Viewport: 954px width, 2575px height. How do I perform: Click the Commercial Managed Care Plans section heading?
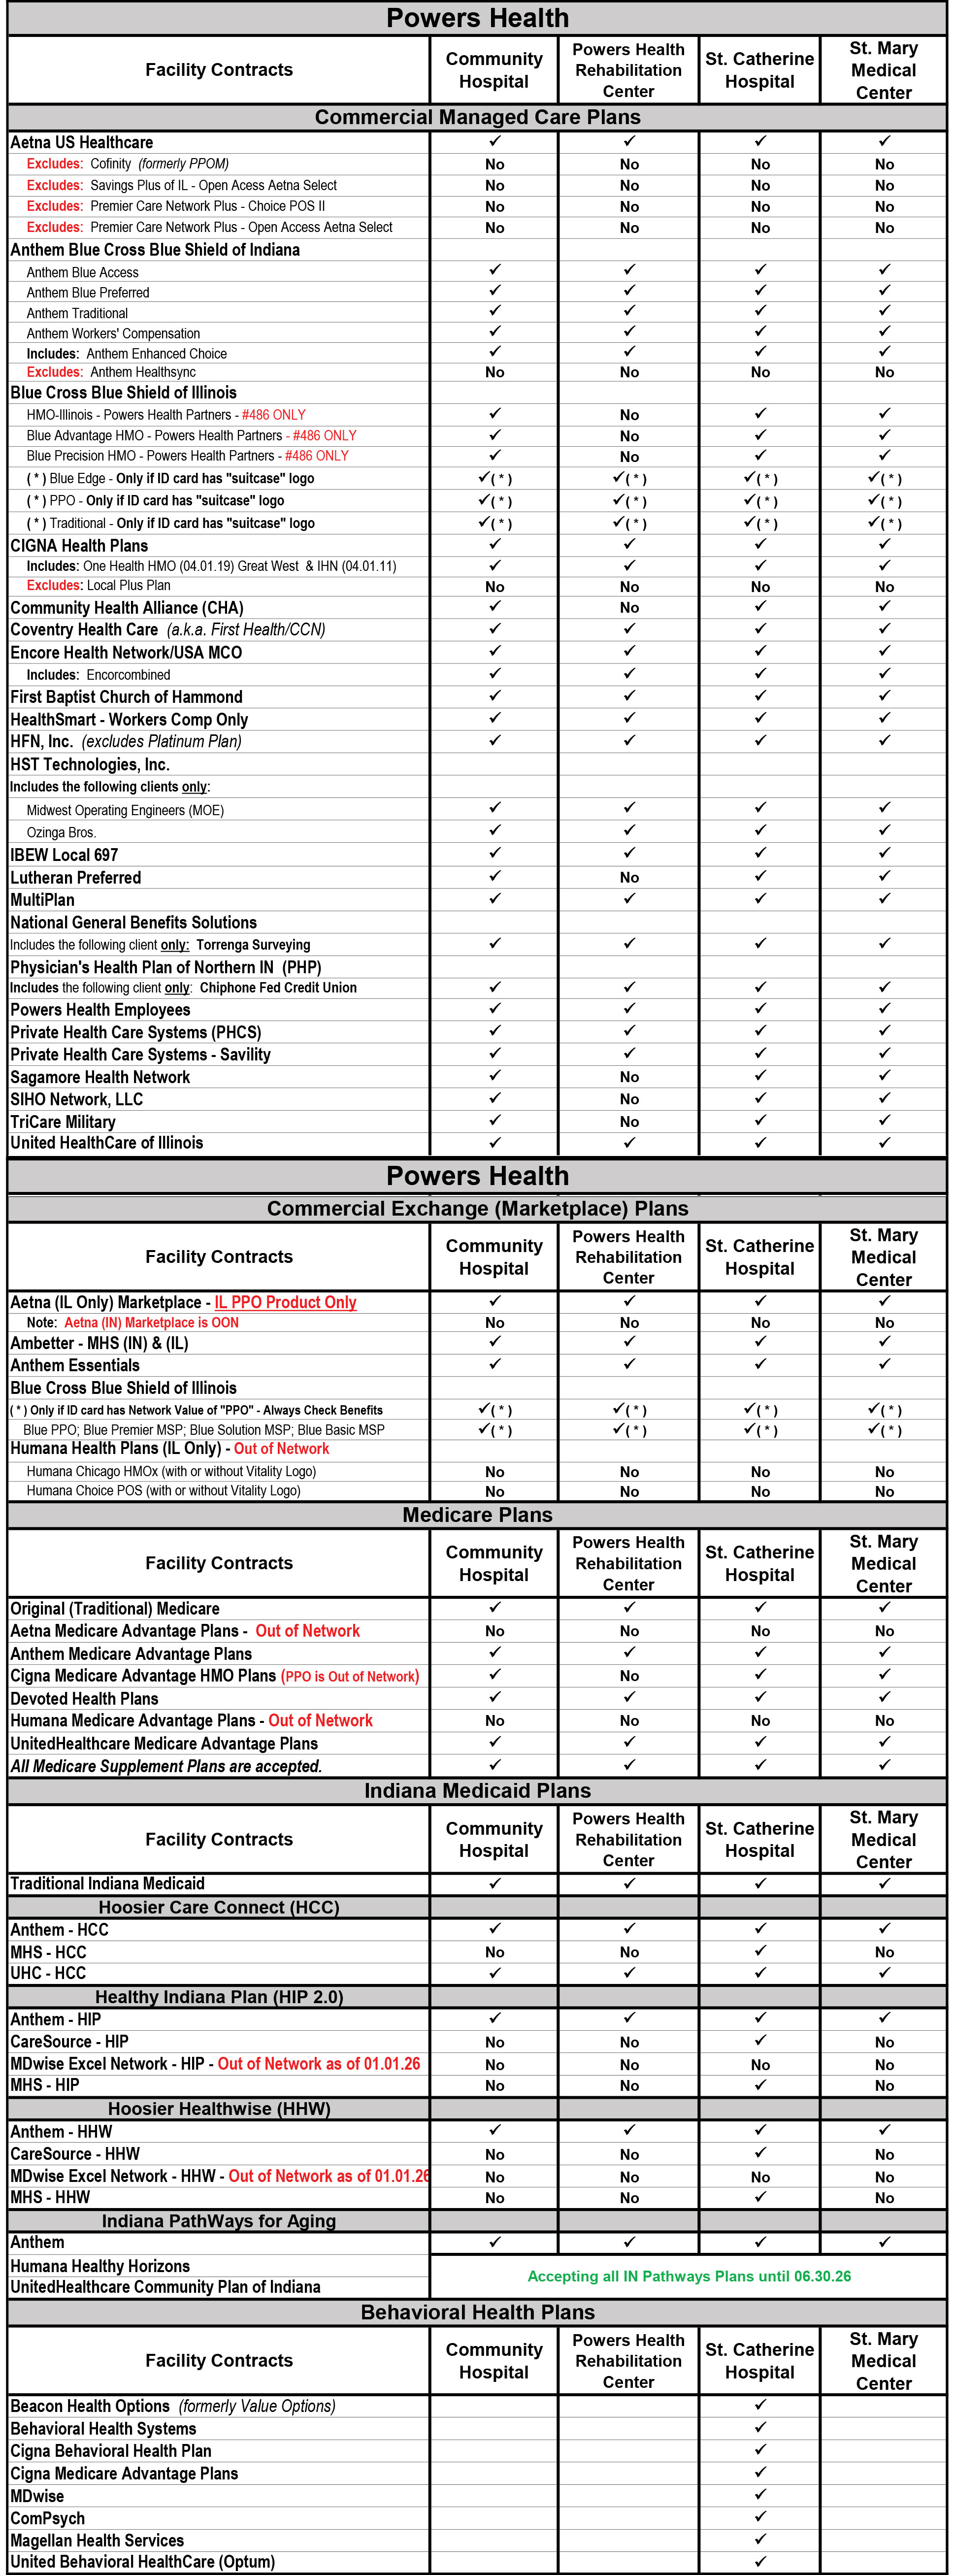(x=477, y=117)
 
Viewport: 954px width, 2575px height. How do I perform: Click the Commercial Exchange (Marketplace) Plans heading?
(x=477, y=1209)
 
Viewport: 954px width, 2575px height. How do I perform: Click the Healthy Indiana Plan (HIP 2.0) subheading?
(x=219, y=1996)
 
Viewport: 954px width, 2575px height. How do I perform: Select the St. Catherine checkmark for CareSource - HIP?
(x=760, y=2040)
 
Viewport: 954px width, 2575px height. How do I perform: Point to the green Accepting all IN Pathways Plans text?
(x=689, y=2276)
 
